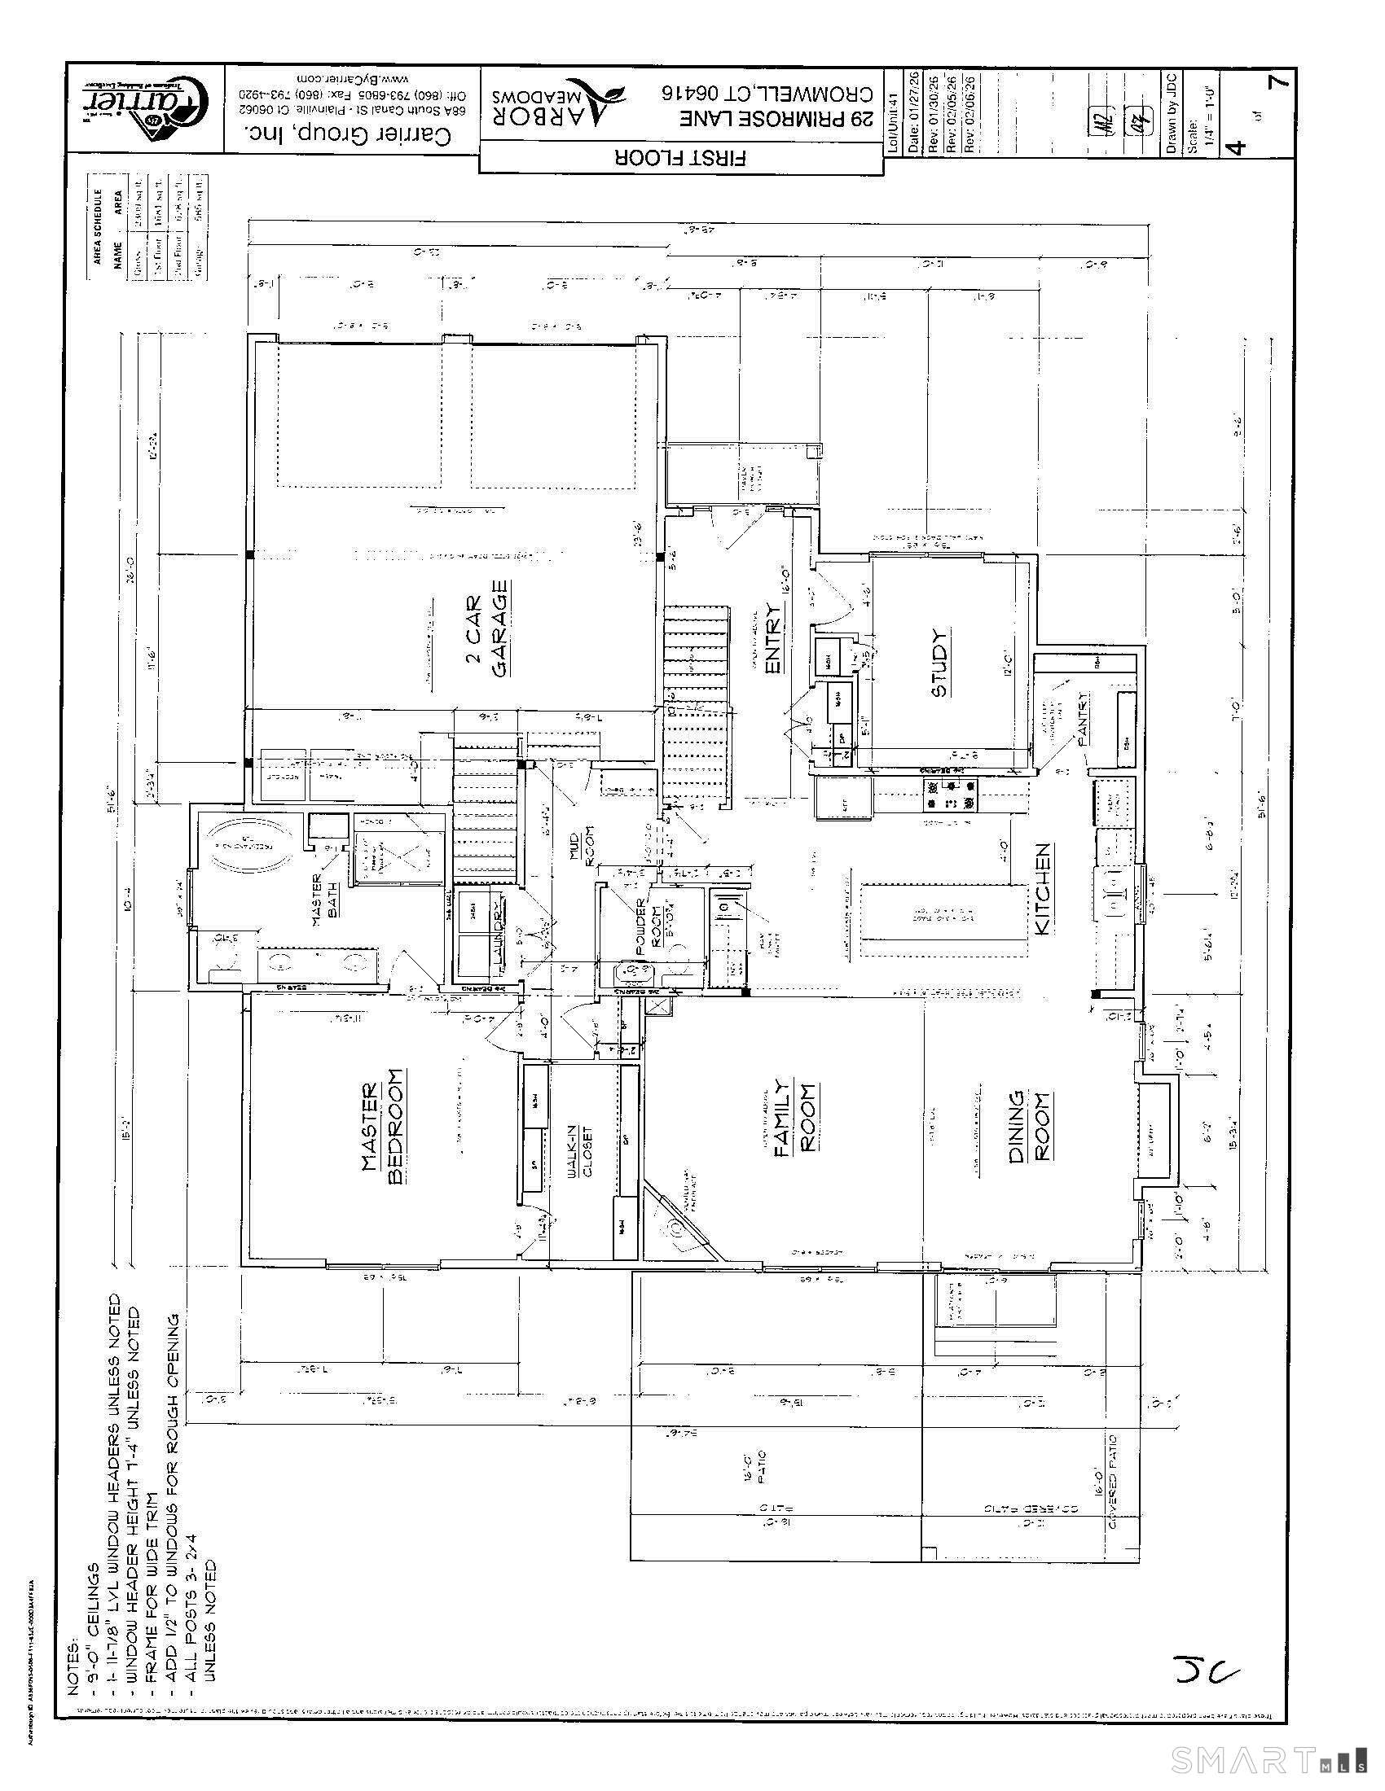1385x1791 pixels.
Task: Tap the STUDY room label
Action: [940, 663]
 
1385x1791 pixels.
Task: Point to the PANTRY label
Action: [1084, 718]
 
